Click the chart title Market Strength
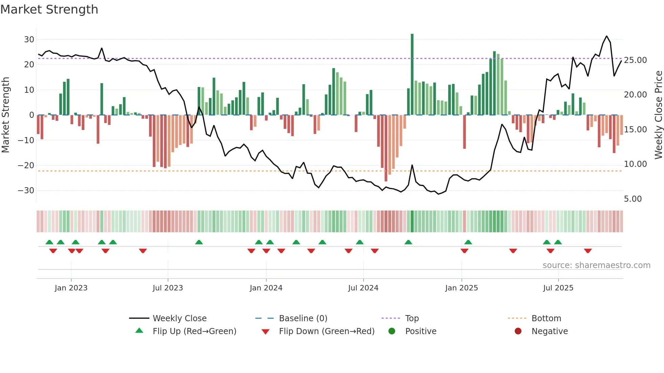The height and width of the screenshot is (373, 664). click(x=49, y=9)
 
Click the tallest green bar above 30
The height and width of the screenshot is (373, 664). click(x=412, y=74)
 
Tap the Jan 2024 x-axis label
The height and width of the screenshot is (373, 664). click(x=266, y=288)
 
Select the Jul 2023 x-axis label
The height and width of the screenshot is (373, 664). click(x=168, y=288)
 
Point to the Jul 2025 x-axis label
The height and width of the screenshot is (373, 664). click(x=558, y=288)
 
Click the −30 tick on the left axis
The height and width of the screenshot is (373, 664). click(x=26, y=190)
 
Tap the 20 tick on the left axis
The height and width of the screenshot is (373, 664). click(x=29, y=64)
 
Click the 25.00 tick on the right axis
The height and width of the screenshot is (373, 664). click(x=635, y=60)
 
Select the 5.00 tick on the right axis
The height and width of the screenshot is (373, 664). click(x=632, y=199)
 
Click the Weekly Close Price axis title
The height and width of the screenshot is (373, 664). click(x=658, y=115)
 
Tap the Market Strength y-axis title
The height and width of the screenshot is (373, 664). click(x=5, y=115)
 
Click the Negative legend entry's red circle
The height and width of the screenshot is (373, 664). click(x=518, y=331)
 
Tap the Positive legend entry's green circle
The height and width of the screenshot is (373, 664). click(x=392, y=331)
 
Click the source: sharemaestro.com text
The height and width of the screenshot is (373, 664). click(x=596, y=265)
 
